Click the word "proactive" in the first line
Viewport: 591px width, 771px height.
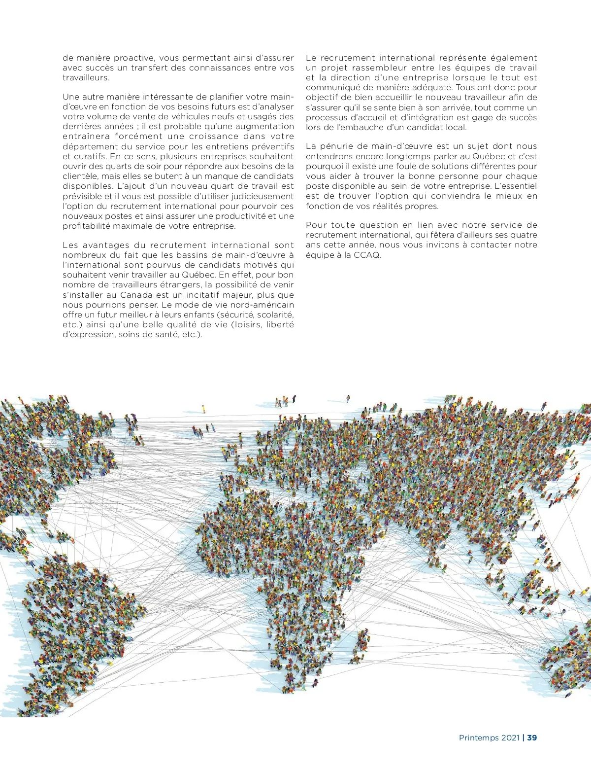[x=134, y=58]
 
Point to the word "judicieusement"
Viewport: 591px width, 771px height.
[x=260, y=196]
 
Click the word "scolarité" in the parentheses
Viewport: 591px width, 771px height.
[x=273, y=315]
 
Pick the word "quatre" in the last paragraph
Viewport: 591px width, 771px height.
[x=524, y=235]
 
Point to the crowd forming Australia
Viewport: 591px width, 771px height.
[x=571, y=661]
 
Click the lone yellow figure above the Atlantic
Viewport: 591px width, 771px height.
[x=203, y=409]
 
